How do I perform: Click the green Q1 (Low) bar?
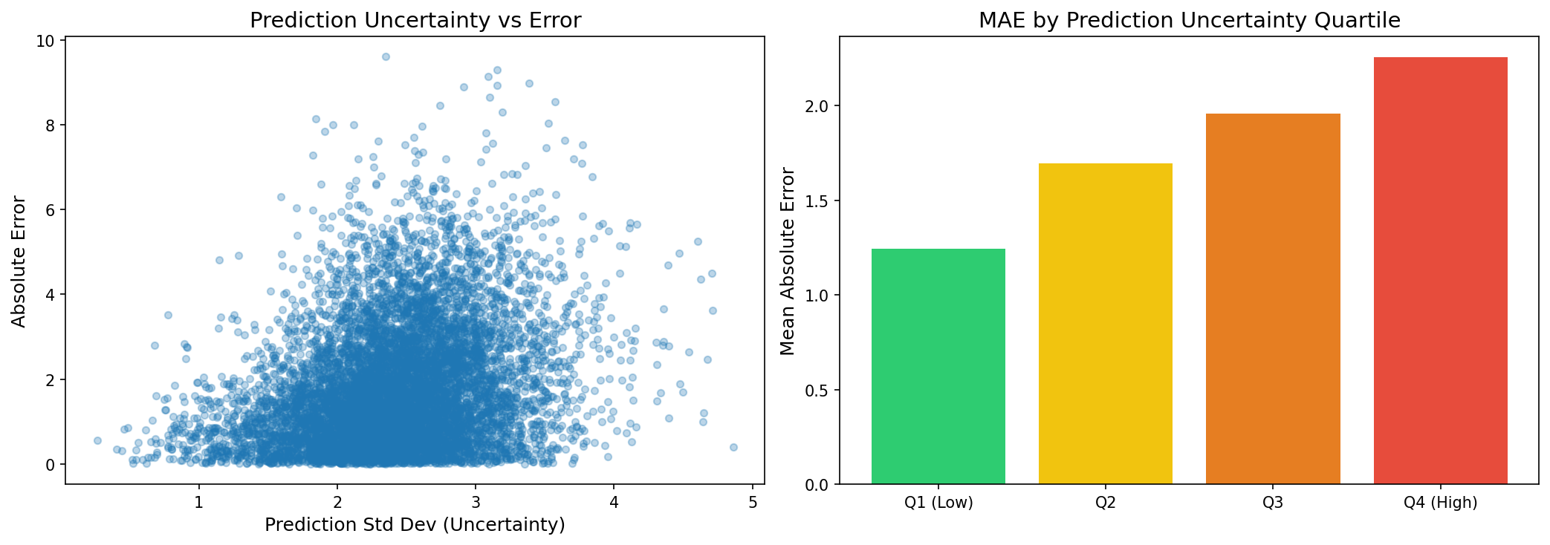938,367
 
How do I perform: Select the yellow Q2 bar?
1105,324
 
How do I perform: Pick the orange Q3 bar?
1273,299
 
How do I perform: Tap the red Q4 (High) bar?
1440,271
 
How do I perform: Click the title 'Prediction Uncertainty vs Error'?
415,20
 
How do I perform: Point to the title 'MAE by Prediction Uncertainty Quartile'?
1189,20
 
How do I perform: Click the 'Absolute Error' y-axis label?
19,261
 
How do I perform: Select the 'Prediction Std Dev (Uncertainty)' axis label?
415,525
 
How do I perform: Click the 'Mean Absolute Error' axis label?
788,261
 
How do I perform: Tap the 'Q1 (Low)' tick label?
938,503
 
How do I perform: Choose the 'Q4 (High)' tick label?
1440,503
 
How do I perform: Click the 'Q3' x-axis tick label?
1273,503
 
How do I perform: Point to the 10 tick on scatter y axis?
45,40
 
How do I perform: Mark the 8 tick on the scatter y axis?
50,125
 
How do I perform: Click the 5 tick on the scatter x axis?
753,501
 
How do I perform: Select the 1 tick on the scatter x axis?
198,501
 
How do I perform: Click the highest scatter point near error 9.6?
386,56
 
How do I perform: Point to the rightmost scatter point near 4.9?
733,447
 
